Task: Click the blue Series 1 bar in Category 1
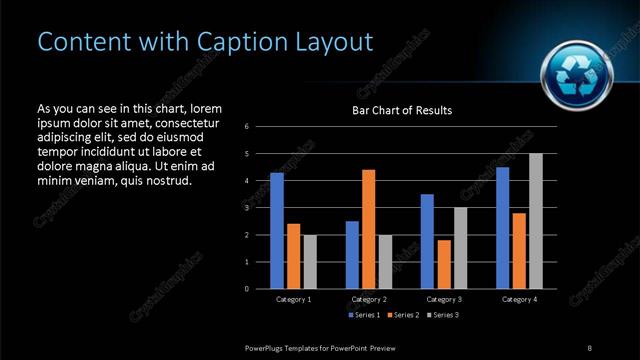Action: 277,231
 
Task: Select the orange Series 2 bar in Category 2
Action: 369,229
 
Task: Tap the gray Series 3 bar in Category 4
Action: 536,221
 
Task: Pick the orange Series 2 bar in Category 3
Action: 444,264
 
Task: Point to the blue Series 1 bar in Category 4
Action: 503,228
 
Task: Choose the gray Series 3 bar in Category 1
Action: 310,262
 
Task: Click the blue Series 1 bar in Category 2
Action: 352,255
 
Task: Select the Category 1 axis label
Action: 293,299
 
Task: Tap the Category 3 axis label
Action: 444,299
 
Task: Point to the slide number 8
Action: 589,347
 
